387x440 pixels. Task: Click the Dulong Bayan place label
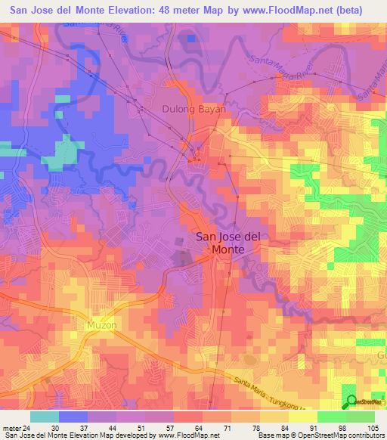193,109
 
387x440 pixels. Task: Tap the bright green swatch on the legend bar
332,417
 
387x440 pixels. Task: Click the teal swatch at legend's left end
45,417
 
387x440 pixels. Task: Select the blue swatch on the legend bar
73,417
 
